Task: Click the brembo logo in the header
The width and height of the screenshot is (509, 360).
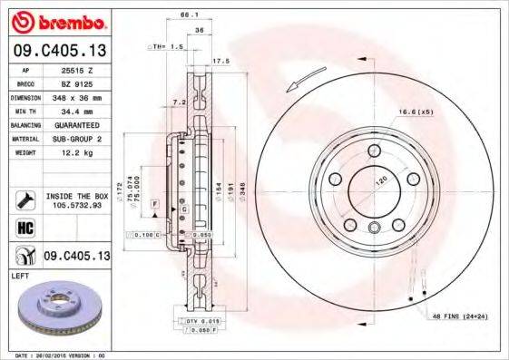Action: [56, 21]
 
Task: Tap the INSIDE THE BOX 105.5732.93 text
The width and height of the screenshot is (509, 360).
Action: [78, 199]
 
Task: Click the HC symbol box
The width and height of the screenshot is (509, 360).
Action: [24, 227]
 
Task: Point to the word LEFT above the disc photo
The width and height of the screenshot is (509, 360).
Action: [20, 273]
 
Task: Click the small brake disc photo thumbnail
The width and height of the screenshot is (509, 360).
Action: [57, 308]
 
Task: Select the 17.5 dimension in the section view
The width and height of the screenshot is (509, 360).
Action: [218, 62]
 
